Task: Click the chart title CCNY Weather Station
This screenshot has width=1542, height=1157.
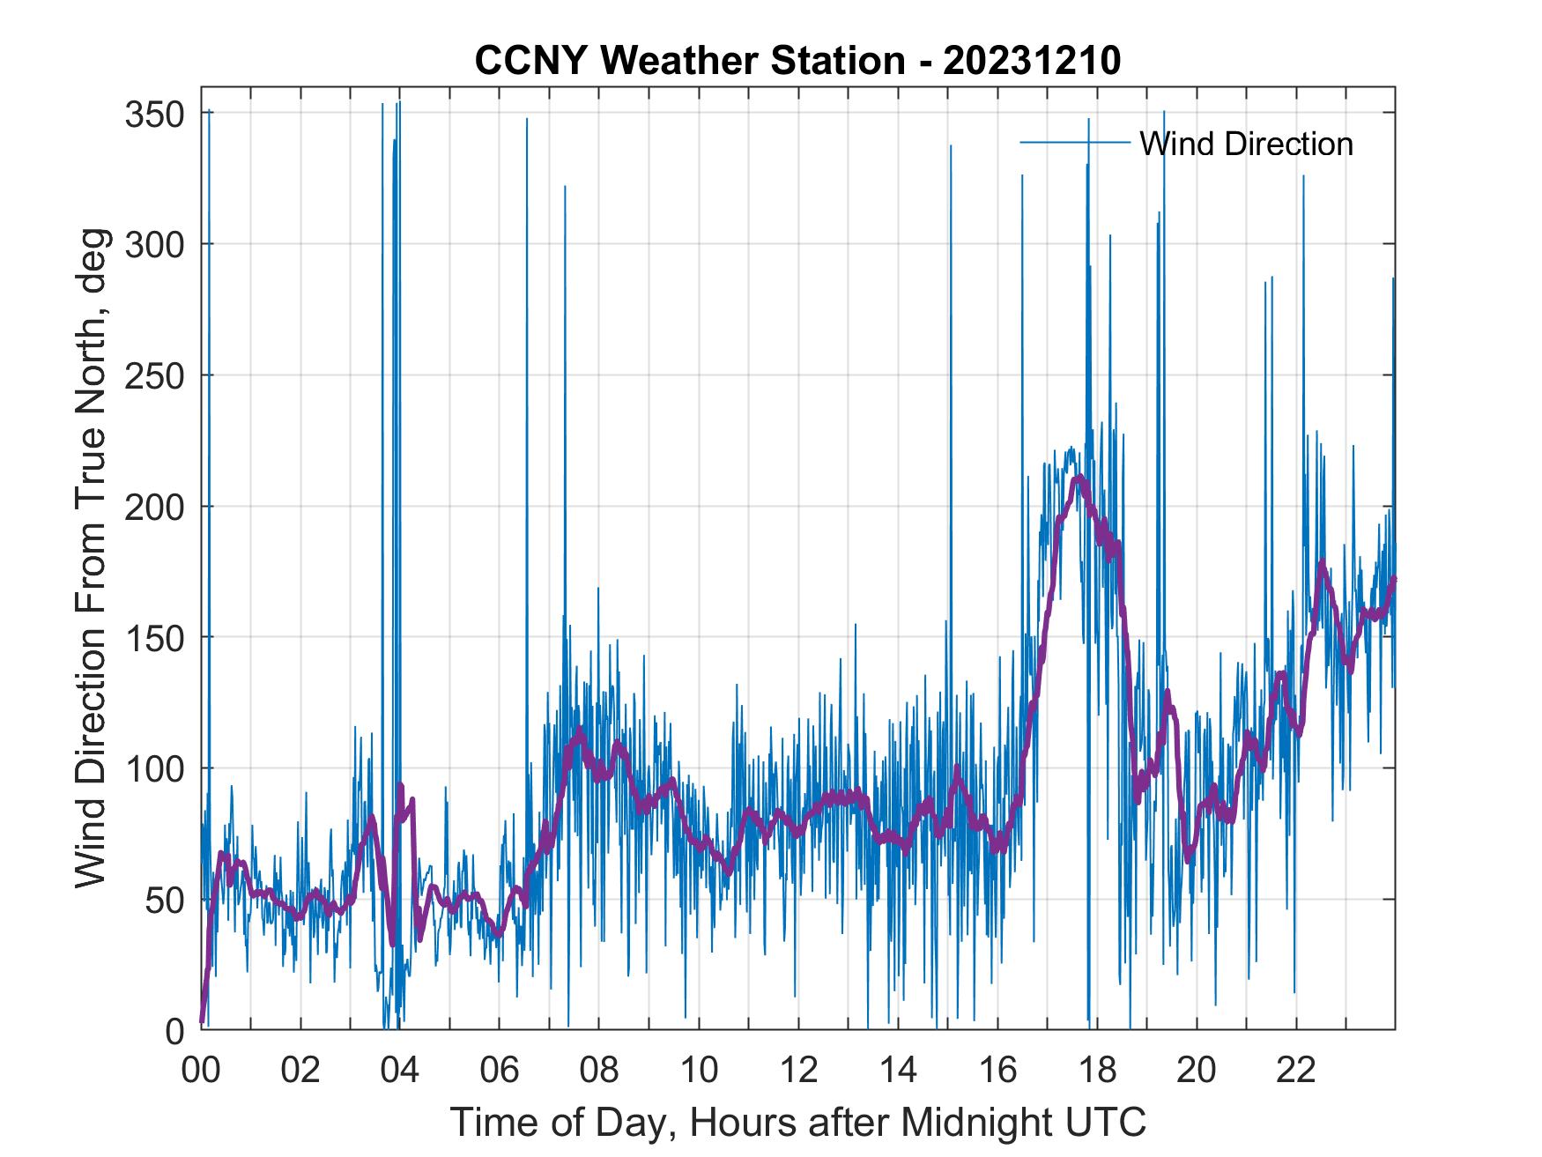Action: (x=690, y=61)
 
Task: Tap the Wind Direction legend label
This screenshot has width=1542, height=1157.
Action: (x=1246, y=144)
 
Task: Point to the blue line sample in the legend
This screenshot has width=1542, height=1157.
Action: (x=1074, y=143)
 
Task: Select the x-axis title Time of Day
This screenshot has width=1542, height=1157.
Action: (x=798, y=1122)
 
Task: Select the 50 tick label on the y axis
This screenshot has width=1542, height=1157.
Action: (x=166, y=900)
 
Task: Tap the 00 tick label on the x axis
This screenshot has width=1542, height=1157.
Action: (x=202, y=1071)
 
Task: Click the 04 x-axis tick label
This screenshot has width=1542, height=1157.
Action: (x=400, y=1071)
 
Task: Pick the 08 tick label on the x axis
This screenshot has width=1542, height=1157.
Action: (x=599, y=1071)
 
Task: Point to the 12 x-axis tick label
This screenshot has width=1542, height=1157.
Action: (x=798, y=1071)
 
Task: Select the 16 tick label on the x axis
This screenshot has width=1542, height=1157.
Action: (x=997, y=1071)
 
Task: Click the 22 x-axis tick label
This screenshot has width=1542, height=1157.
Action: (x=1296, y=1071)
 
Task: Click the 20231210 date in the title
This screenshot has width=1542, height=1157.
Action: (x=1032, y=61)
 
